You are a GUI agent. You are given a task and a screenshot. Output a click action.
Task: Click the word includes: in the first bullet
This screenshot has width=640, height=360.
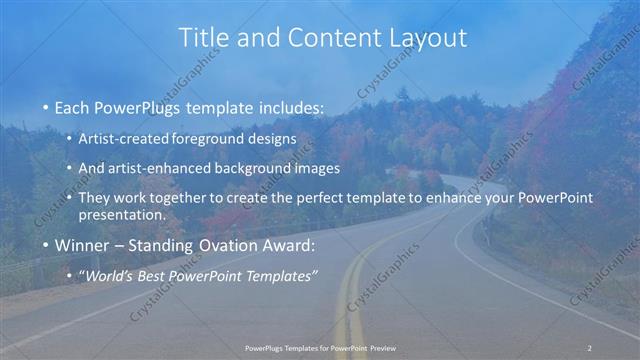point(290,107)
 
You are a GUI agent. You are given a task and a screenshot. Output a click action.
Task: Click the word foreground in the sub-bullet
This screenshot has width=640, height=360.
point(208,138)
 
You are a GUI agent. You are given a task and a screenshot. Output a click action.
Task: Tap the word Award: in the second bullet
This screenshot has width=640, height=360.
point(289,245)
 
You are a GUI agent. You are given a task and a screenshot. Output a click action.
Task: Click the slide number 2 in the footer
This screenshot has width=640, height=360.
point(590,347)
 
